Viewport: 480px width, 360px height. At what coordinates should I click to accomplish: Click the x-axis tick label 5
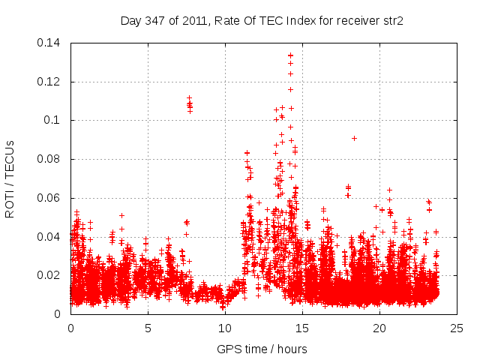pos(148,328)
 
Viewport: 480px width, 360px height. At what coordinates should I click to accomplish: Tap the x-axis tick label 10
pos(225,328)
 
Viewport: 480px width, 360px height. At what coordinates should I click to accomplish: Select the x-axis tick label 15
pos(302,328)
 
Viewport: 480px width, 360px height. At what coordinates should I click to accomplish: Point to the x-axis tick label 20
pos(379,328)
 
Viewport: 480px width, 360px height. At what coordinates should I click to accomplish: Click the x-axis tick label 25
pos(457,328)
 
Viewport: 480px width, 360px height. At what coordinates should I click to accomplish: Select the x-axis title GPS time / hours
pos(262,349)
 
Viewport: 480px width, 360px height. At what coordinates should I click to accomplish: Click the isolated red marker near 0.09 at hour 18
pos(354,138)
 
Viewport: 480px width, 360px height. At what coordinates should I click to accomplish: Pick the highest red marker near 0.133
pos(290,55)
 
